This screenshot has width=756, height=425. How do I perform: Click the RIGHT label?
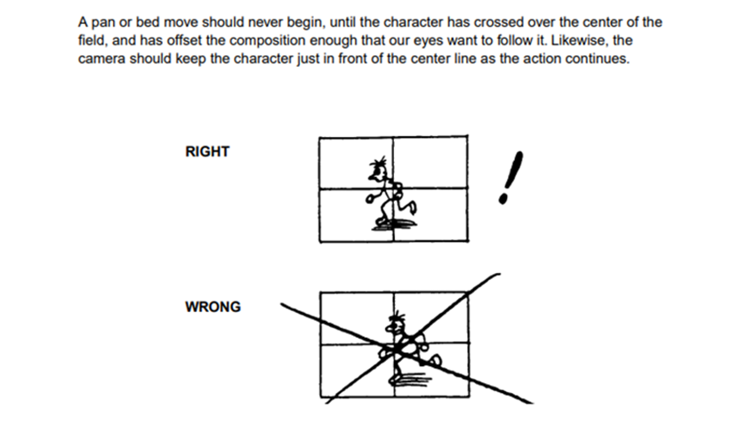pos(207,152)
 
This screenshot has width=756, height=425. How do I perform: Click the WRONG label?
pos(213,307)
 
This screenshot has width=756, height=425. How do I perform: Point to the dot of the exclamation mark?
pos(503,198)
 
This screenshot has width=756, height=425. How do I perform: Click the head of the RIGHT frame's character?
pos(376,169)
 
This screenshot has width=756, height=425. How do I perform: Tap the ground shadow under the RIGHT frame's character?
pos(394,225)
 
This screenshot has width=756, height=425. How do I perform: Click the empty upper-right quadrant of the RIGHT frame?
pos(430,163)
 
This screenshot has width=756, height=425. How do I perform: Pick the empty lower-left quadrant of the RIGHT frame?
pos(343,214)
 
